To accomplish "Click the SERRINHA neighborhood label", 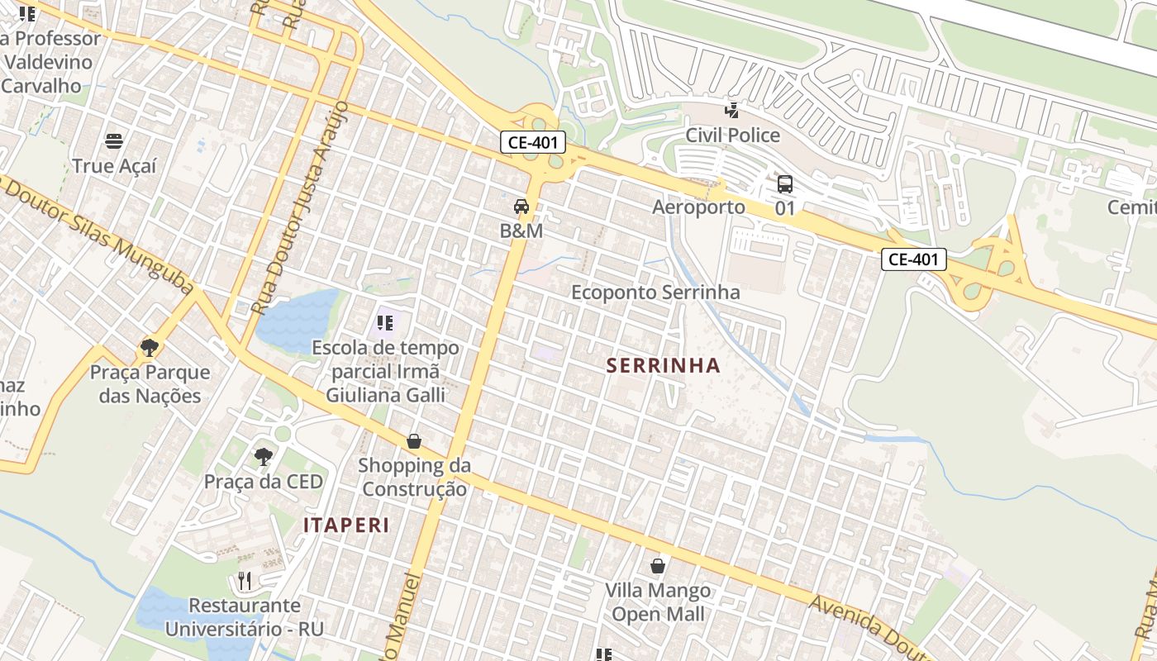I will (664, 365).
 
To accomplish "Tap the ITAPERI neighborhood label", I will (345, 525).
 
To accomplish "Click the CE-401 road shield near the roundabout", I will (533, 142).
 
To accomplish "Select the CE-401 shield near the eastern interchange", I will (913, 259).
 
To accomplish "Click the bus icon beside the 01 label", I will (784, 184).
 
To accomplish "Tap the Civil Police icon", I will (731, 110).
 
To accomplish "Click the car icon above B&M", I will (521, 207).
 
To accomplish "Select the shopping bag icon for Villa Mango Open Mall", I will (658, 566).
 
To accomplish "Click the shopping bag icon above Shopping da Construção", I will (414, 441).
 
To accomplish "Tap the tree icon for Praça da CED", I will (263, 456).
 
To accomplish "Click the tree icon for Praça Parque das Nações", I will (150, 347).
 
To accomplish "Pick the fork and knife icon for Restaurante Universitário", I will (245, 581).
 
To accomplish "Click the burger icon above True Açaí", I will (114, 141).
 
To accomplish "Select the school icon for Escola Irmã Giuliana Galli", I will (384, 322).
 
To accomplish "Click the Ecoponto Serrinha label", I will (655, 292).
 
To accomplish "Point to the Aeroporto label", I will (698, 207).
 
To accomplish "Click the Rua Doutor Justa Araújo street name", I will (299, 211).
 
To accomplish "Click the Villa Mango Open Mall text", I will (658, 602).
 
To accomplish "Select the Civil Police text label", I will (732, 135).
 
